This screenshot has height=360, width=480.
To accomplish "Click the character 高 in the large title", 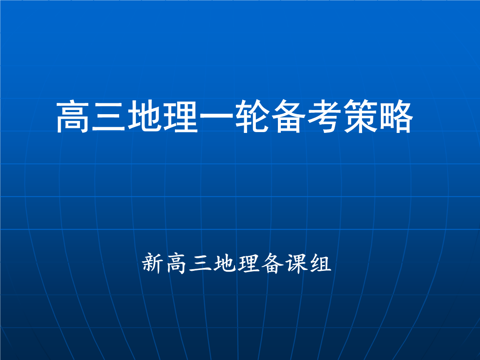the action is click(x=73, y=117).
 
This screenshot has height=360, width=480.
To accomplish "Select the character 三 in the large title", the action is click(x=109, y=117).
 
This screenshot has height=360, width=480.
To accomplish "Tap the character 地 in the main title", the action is click(x=145, y=117).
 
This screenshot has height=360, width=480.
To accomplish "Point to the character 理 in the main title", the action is click(x=180, y=117).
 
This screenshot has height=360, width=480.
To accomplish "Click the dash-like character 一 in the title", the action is click(x=217, y=117).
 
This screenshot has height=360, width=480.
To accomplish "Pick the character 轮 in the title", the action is click(x=252, y=117).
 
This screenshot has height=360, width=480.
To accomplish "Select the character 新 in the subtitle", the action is click(x=152, y=263).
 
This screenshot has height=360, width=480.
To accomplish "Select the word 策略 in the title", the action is click(x=378, y=117).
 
